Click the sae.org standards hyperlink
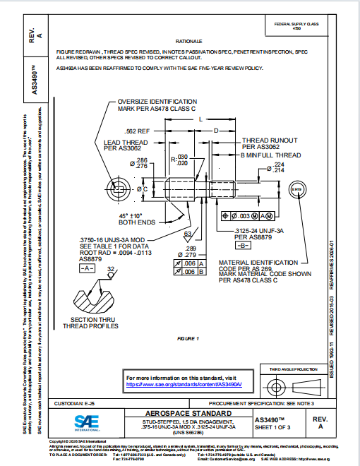(184, 385)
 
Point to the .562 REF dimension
(137, 131)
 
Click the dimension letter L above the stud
(200, 120)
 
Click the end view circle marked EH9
(297, 191)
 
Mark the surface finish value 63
(187, 233)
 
